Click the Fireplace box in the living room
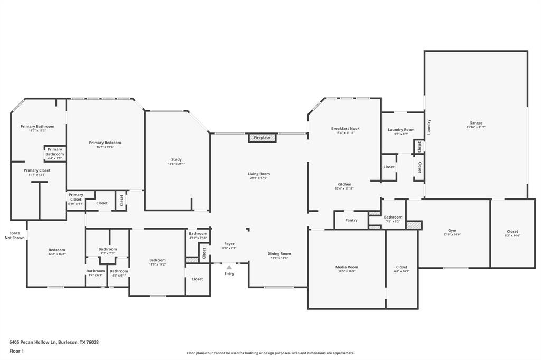(x=262, y=138)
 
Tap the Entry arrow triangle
(x=229, y=267)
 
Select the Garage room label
(x=475, y=123)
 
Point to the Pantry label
(x=351, y=220)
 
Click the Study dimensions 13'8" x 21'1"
(x=176, y=164)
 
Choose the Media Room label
(x=347, y=267)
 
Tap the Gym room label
(x=452, y=231)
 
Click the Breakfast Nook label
(x=345, y=129)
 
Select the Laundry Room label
(x=401, y=130)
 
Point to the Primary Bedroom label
(x=105, y=143)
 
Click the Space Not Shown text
(x=15, y=235)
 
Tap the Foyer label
(x=229, y=244)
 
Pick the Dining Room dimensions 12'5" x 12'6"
(x=279, y=258)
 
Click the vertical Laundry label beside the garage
(x=429, y=127)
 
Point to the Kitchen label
(x=344, y=184)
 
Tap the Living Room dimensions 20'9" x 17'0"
(x=259, y=178)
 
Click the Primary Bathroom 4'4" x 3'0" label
(x=54, y=154)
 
